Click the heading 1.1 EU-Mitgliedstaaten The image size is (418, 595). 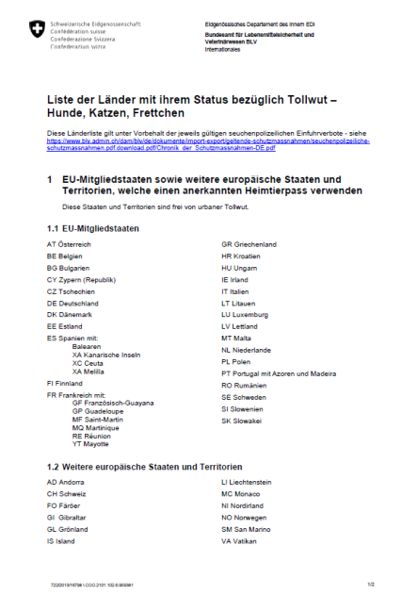pyautogui.click(x=93, y=228)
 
